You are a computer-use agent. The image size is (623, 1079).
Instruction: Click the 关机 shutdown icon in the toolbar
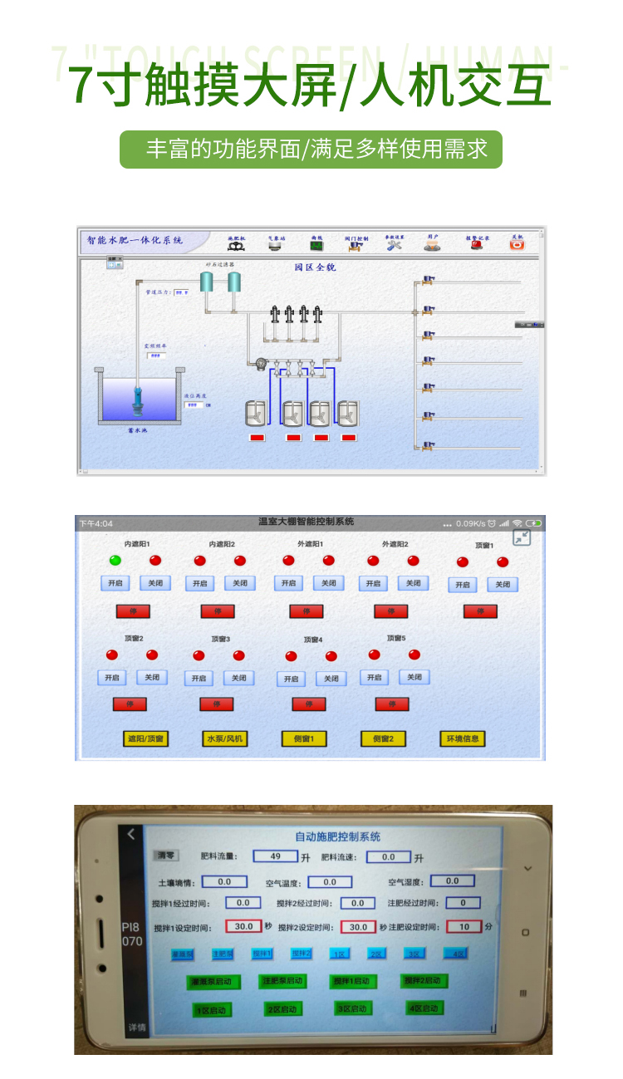click(x=517, y=243)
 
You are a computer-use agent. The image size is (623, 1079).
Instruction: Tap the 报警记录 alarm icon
click(x=477, y=243)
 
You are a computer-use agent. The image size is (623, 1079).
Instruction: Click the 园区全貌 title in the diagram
click(x=315, y=267)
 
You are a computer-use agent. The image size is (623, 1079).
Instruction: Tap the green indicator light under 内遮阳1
click(x=115, y=561)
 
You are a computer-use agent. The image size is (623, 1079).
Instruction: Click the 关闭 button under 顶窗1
click(x=503, y=585)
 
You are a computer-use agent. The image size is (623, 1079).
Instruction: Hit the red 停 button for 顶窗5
click(x=391, y=704)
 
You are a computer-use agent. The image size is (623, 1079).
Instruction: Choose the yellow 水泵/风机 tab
click(x=224, y=738)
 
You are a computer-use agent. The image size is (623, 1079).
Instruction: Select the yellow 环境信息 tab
click(x=463, y=738)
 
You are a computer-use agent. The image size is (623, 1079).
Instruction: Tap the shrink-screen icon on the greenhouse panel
click(x=522, y=538)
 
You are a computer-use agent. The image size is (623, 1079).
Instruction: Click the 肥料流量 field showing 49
click(x=275, y=856)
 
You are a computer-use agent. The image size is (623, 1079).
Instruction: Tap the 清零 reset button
click(x=166, y=855)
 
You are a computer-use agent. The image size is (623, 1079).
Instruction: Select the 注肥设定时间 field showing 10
click(x=464, y=926)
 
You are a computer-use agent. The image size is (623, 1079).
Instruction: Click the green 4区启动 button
click(x=424, y=1008)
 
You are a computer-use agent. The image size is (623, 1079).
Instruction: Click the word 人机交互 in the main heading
click(x=456, y=85)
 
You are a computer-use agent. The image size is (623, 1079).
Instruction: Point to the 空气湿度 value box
click(x=451, y=880)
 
